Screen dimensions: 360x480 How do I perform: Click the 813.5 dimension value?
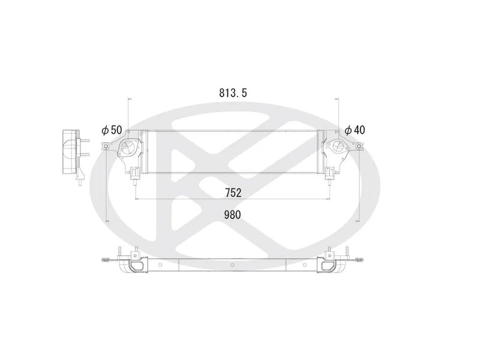233,93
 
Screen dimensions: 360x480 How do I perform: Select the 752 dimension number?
233,193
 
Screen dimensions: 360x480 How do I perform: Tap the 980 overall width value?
233,215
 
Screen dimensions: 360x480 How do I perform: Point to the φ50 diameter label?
112,130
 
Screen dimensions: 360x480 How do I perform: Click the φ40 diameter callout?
355,130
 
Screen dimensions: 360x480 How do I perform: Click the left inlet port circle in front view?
128,148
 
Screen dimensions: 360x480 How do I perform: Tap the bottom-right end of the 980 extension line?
358,220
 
